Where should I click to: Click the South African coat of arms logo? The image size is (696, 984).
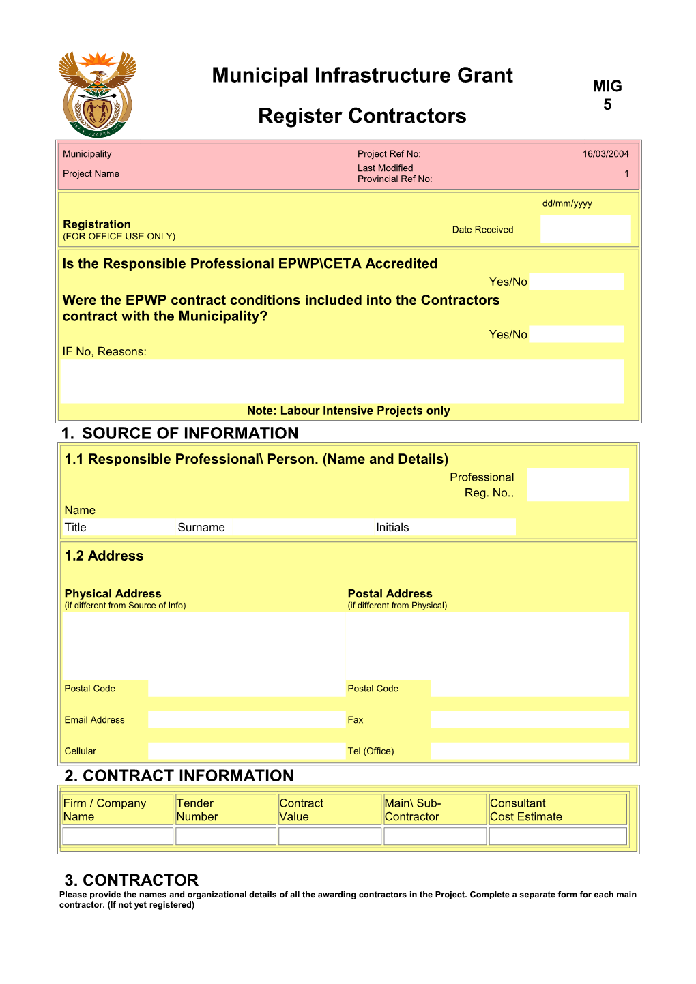pos(98,93)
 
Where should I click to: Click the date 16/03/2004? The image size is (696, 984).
pos(605,154)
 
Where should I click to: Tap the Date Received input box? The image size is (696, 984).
pos(585,229)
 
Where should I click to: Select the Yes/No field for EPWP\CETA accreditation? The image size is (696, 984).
pos(577,282)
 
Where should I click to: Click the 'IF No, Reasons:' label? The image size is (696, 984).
pos(104,352)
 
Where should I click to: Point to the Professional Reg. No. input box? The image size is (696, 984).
pos(577,485)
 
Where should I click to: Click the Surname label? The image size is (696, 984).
pos(201,528)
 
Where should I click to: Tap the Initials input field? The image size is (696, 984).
pos(472,527)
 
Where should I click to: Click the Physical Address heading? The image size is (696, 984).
pos(113,594)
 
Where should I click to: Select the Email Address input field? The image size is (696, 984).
pos(246,720)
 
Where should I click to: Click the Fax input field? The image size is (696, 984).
pos(530,720)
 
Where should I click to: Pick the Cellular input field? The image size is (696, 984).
pos(246,751)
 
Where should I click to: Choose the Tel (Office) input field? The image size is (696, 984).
pos(530,751)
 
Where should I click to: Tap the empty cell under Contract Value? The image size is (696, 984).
pos(330,836)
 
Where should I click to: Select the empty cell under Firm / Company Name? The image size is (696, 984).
pos(117,836)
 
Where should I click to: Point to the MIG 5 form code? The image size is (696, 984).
pos(607,95)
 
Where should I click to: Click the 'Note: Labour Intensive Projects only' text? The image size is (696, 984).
pos(348,411)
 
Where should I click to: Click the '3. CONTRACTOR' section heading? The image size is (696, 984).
pos(132,880)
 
